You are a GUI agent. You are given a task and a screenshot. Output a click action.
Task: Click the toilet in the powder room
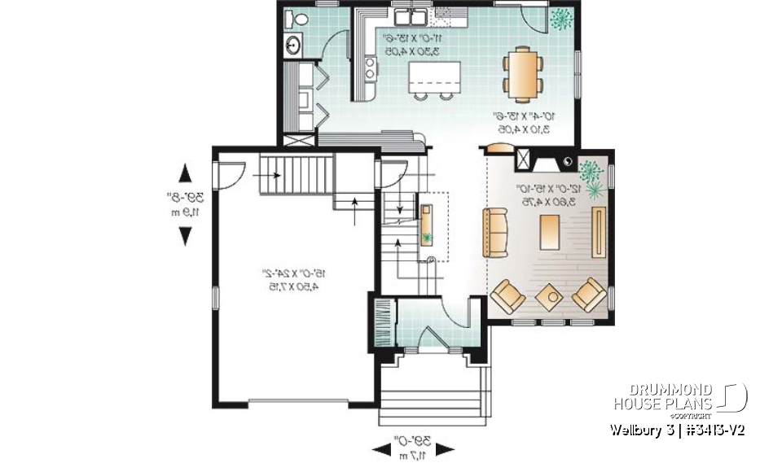point(297,19)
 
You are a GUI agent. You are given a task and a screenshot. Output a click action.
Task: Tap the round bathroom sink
point(292,46)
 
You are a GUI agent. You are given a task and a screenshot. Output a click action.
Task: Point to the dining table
point(521,72)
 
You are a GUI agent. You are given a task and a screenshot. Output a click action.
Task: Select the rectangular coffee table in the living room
point(550,231)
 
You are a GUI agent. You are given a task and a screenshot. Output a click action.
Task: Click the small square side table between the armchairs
point(550,296)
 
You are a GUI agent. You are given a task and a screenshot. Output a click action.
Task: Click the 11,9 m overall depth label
point(185,212)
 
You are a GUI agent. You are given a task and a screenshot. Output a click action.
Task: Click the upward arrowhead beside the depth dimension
point(185,173)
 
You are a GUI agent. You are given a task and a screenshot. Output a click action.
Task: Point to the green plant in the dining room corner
point(561,19)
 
